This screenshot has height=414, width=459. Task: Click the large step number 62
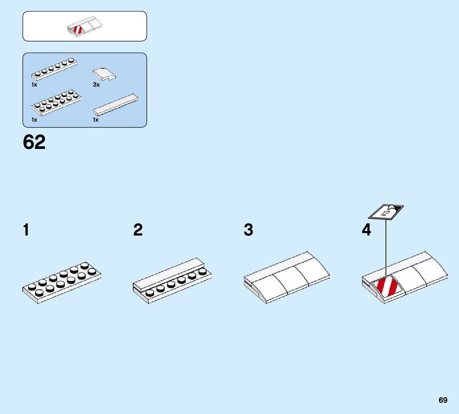point(34,142)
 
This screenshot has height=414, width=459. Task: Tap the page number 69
point(443,400)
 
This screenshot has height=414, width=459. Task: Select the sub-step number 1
point(26,230)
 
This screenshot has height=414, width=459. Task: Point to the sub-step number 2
point(138,230)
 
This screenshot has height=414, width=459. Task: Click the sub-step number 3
point(248,230)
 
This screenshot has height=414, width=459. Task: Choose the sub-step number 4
point(366,230)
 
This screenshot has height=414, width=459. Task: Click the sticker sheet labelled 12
point(386,212)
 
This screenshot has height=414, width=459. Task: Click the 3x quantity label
point(96,85)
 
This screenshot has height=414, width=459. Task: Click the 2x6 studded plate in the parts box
point(57,102)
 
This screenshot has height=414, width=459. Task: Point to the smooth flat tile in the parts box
point(116,105)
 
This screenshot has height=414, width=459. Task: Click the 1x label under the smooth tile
point(96,119)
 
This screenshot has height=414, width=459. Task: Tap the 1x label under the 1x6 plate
point(34,85)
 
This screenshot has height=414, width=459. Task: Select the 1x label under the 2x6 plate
point(34,119)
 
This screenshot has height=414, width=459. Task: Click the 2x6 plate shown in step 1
point(62,281)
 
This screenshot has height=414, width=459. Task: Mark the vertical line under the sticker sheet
point(386,248)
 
